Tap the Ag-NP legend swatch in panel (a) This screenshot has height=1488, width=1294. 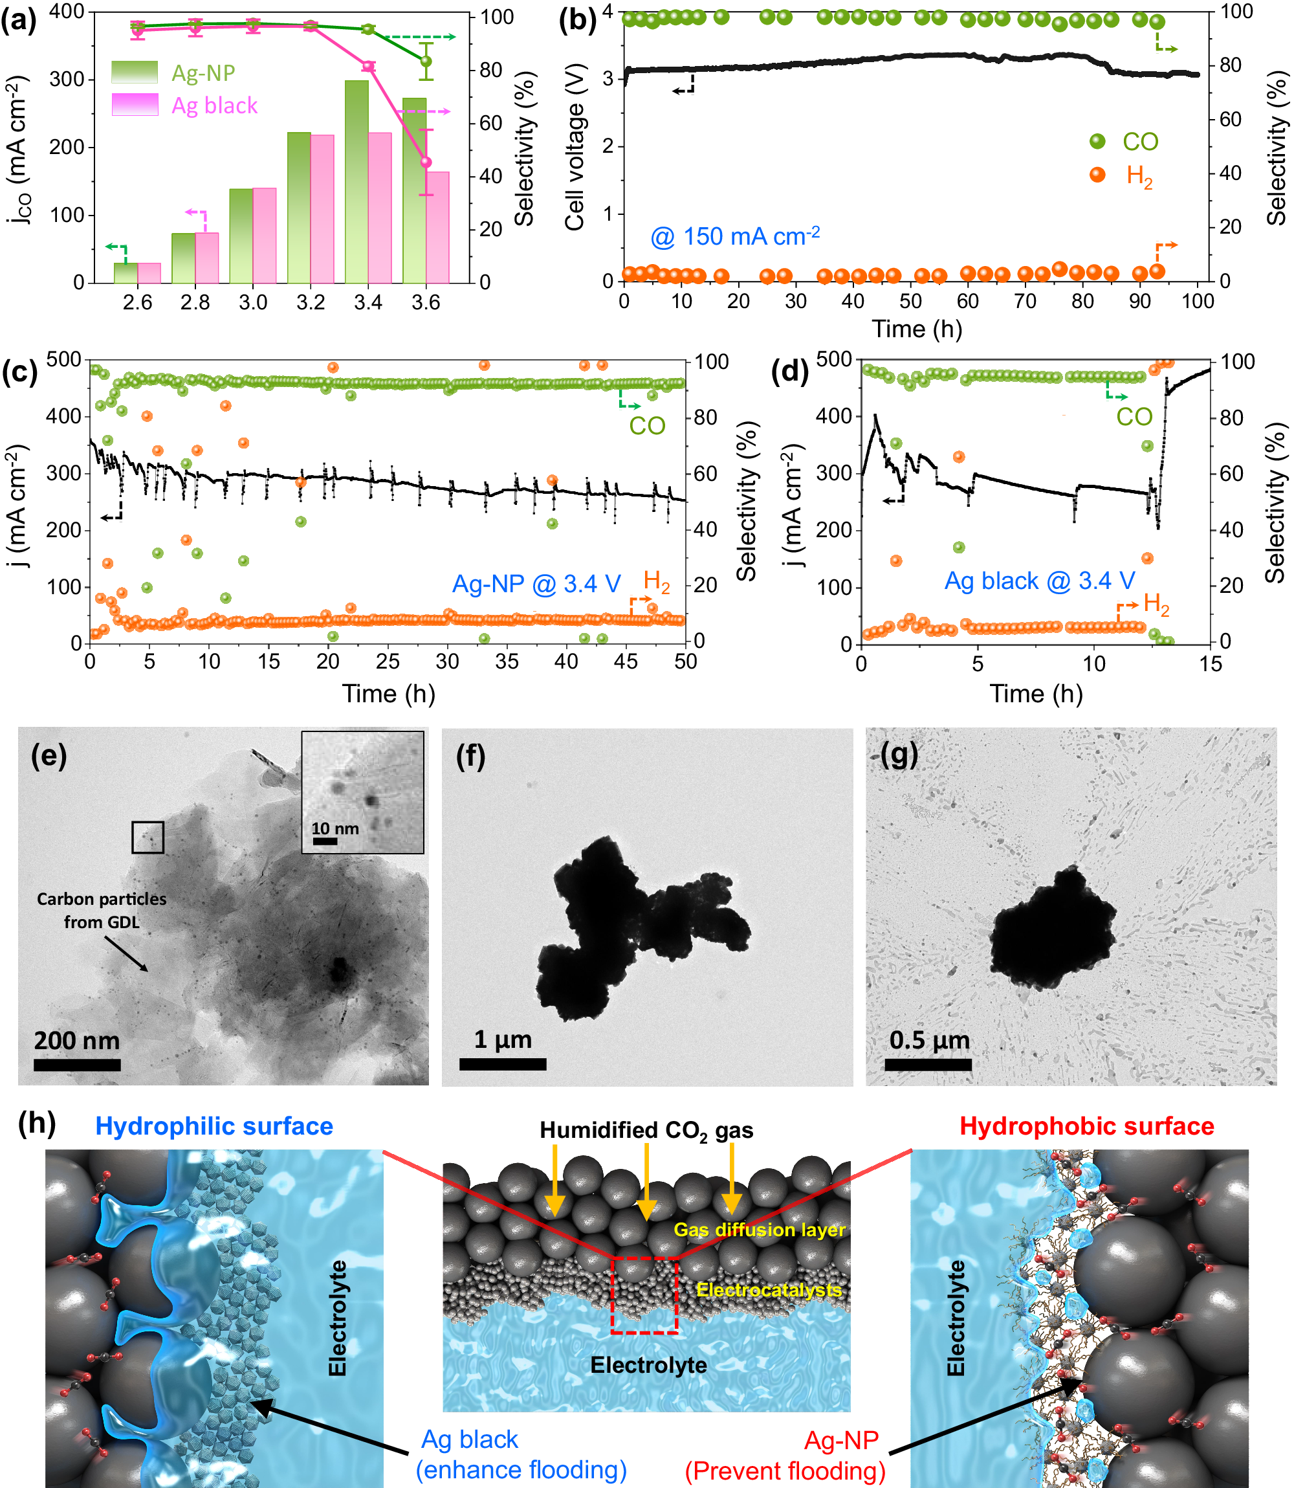tap(135, 72)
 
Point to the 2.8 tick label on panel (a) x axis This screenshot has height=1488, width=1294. tap(195, 302)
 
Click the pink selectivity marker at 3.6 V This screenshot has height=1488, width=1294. tap(426, 162)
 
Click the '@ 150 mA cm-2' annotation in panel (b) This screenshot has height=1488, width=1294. tap(734, 236)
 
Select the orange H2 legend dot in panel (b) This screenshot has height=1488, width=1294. tap(1097, 175)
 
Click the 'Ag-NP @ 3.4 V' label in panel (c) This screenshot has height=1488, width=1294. tap(536, 583)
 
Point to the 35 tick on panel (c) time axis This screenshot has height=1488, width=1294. tap(507, 661)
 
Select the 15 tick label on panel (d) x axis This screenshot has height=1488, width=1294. tap(1211, 663)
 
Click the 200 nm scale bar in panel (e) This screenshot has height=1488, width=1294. tap(76, 1064)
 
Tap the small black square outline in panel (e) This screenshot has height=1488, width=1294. tap(148, 837)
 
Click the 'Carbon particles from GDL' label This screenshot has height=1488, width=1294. tap(101, 910)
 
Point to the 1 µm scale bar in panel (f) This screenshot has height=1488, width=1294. tap(503, 1063)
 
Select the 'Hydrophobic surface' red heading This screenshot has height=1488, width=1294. tap(1086, 1126)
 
